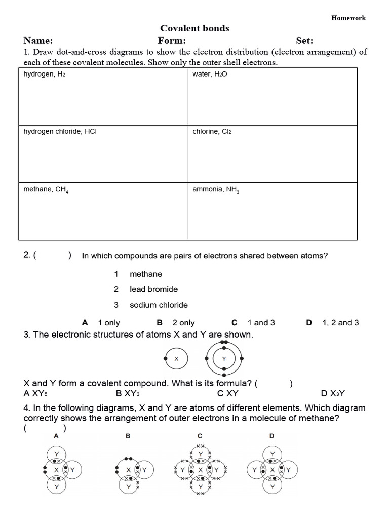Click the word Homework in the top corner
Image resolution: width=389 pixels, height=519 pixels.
pos(348,18)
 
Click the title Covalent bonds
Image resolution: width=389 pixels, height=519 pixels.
pos(194,29)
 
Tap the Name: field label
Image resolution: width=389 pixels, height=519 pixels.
pos(38,41)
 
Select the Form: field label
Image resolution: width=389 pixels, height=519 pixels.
pos(172,41)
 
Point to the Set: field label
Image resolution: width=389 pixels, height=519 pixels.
pos(304,41)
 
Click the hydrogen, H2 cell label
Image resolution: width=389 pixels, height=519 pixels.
pos(45,74)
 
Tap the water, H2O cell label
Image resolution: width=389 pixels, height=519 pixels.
pos(207,74)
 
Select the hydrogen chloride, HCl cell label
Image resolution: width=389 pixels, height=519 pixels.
pos(60,131)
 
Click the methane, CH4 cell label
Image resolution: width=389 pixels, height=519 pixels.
pos(46,189)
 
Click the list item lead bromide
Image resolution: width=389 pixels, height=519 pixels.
pos(153,289)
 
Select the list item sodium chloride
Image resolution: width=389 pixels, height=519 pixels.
pos(159,305)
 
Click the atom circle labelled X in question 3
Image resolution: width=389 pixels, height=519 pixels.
pos(176,359)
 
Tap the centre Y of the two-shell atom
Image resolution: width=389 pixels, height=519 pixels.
pos(224,359)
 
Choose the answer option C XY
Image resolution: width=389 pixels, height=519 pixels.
pos(228,393)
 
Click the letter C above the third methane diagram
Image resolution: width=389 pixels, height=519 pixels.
pos(200,436)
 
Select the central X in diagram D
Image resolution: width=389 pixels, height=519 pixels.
pos(273,470)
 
